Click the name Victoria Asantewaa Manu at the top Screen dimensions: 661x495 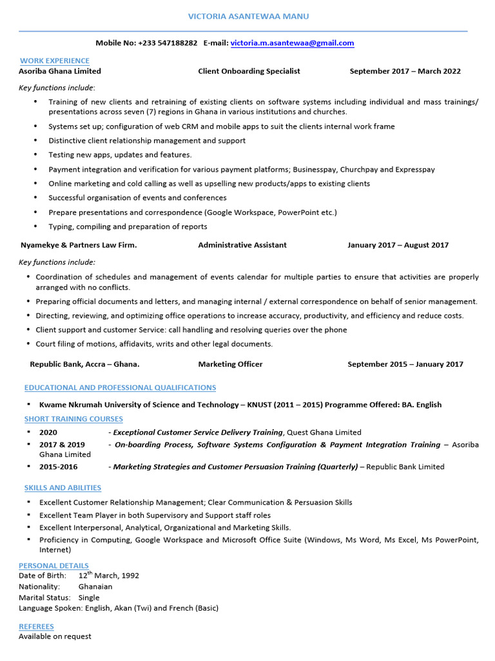click(x=243, y=16)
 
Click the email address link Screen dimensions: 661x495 click(x=292, y=43)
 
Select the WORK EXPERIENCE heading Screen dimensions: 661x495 click(x=54, y=60)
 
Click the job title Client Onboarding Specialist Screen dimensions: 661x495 click(x=249, y=71)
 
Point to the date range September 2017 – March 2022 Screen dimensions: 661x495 click(x=405, y=71)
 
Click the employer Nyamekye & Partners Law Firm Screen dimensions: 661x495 click(x=79, y=245)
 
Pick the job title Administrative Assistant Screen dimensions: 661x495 click(x=242, y=245)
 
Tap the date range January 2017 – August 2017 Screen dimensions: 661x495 click(x=398, y=245)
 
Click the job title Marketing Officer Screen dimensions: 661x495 click(x=230, y=364)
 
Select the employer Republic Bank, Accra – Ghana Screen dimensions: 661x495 click(x=84, y=364)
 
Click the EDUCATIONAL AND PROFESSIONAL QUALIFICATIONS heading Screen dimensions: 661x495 click(x=120, y=387)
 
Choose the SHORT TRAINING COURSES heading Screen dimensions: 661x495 click(x=73, y=419)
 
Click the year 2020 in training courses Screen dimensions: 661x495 click(x=48, y=432)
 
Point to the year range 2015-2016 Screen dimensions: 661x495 click(x=58, y=467)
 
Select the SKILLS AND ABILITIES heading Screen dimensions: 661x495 click(x=63, y=487)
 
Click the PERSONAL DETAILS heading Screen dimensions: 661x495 click(x=53, y=565)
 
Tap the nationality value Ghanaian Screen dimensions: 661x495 click(x=95, y=587)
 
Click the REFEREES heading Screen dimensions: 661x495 click(x=36, y=626)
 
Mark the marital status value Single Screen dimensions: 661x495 click(x=89, y=598)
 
